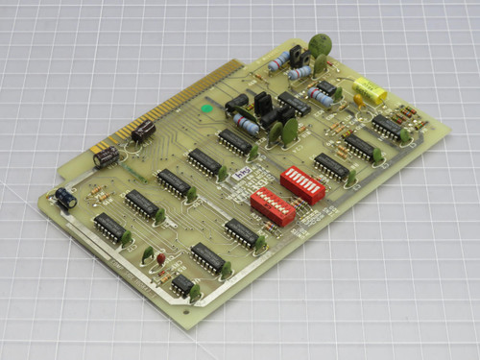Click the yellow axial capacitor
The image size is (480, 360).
pos(371,94)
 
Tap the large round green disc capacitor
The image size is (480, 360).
pos(320,43)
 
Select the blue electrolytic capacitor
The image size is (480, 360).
pos(64,198)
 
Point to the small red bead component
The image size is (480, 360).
pos(161,259)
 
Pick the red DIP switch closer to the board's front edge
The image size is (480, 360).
pos(272,205)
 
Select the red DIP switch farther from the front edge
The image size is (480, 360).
pos(302,183)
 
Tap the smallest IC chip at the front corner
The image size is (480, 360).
pos(182,283)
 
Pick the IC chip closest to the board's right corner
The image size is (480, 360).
pos(388,127)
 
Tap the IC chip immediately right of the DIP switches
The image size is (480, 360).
pos(331,166)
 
